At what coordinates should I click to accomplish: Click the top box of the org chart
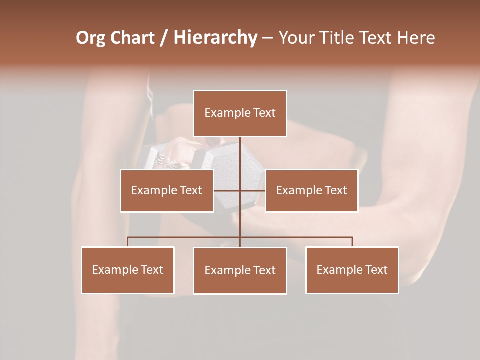point(240,113)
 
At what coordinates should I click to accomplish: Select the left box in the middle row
point(167,190)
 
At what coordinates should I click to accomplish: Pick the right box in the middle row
point(311,190)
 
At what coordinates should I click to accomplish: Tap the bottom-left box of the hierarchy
point(128,270)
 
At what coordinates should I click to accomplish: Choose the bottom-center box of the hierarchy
point(240,270)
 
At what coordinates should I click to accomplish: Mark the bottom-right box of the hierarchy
point(352,270)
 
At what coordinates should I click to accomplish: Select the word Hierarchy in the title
point(215,38)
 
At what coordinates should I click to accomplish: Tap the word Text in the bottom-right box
point(375,270)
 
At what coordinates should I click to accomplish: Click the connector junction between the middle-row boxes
point(240,190)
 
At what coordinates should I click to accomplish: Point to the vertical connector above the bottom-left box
point(128,242)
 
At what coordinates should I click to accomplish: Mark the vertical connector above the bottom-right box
point(352,242)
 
